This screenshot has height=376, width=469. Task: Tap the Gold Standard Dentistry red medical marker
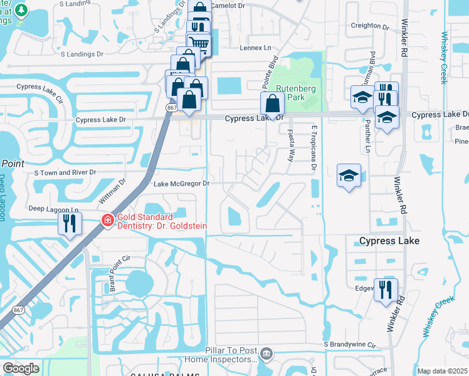click(x=107, y=221)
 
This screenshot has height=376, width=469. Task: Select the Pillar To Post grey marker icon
click(x=266, y=355)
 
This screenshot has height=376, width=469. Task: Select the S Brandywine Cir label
click(x=349, y=345)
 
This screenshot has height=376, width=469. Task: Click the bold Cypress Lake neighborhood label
click(x=389, y=241)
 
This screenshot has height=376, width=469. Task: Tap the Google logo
click(x=21, y=368)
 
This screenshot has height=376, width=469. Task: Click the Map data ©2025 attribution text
click(x=442, y=371)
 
